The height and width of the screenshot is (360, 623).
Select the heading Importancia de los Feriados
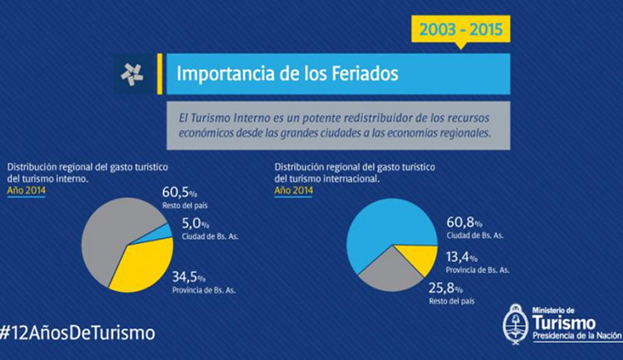point(287,74)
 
